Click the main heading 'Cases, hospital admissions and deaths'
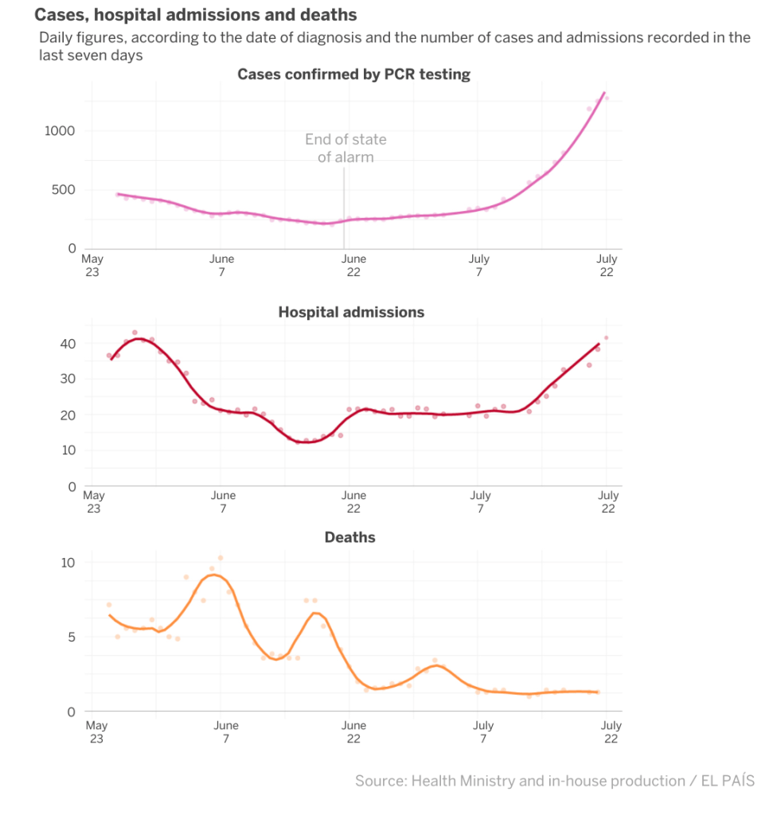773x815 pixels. click(195, 15)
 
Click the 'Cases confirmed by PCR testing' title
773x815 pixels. click(353, 74)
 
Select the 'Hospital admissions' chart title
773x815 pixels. click(351, 312)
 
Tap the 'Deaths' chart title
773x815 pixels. click(349, 537)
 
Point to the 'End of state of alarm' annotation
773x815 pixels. click(346, 148)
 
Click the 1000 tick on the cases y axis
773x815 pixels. click(59, 131)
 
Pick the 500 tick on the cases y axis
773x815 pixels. click(64, 190)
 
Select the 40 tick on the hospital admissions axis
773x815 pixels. click(69, 344)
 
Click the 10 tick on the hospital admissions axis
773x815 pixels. click(69, 450)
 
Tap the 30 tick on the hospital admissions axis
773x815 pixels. click(69, 379)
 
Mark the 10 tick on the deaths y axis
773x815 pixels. click(69, 563)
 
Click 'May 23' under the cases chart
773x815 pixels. click(92, 264)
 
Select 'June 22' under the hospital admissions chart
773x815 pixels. click(353, 502)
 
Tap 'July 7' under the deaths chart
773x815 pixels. click(482, 731)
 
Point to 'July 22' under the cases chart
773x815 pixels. click(607, 264)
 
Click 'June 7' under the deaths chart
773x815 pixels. click(226, 731)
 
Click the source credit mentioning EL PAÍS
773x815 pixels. click(554, 781)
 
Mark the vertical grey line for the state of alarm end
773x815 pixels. click(344, 207)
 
